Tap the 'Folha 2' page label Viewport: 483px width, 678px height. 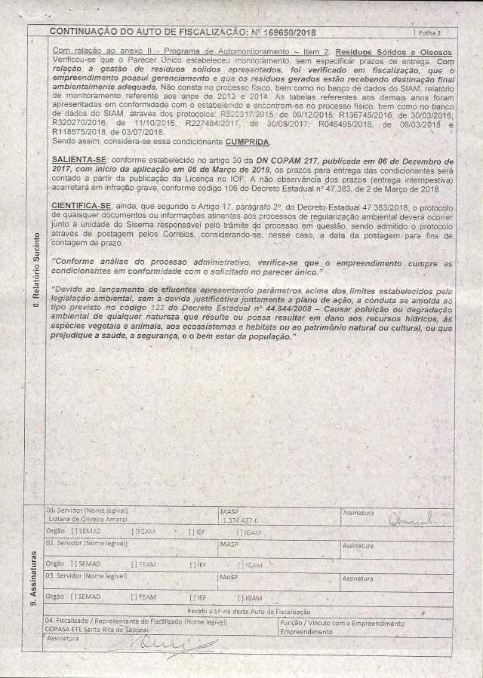(428, 34)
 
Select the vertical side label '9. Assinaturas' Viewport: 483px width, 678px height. (36, 581)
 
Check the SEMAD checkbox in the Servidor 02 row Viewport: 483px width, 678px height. (73, 563)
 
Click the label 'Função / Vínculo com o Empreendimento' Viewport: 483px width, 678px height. (342, 623)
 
